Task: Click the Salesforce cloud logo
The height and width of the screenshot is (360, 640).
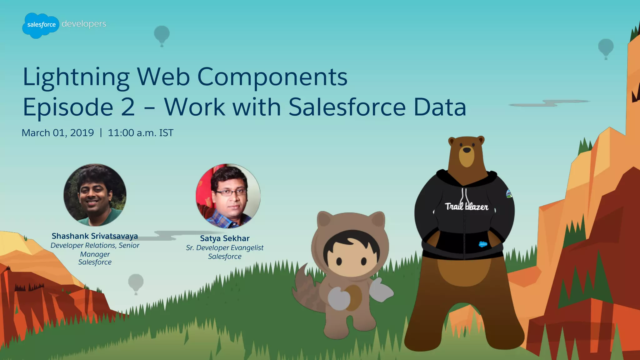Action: click(x=41, y=25)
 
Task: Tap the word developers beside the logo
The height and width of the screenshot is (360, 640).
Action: click(x=84, y=24)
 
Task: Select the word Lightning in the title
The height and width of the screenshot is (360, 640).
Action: click(x=76, y=77)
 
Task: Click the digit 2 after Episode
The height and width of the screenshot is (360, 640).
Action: click(x=128, y=107)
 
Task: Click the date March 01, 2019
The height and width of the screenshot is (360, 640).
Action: click(x=58, y=133)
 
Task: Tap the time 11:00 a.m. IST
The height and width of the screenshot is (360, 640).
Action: click(x=140, y=133)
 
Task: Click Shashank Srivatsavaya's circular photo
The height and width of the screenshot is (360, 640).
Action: click(x=95, y=195)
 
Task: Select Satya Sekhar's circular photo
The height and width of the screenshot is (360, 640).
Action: click(x=228, y=196)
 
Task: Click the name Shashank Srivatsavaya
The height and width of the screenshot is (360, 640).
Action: click(x=95, y=236)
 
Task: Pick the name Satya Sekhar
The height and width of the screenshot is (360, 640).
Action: click(x=225, y=238)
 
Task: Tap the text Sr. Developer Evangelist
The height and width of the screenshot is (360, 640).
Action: click(x=225, y=248)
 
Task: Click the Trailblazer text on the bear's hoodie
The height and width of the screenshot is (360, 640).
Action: click(x=467, y=206)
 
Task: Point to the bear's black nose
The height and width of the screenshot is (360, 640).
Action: click(x=467, y=150)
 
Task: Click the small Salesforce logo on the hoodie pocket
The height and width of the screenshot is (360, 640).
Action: click(x=483, y=244)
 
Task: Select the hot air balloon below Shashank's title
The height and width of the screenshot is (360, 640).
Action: click(x=136, y=283)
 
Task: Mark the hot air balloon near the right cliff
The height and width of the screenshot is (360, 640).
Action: click(x=606, y=48)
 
